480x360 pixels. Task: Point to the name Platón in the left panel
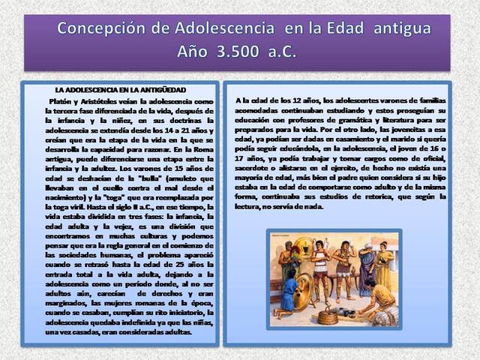pos(61,100)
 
